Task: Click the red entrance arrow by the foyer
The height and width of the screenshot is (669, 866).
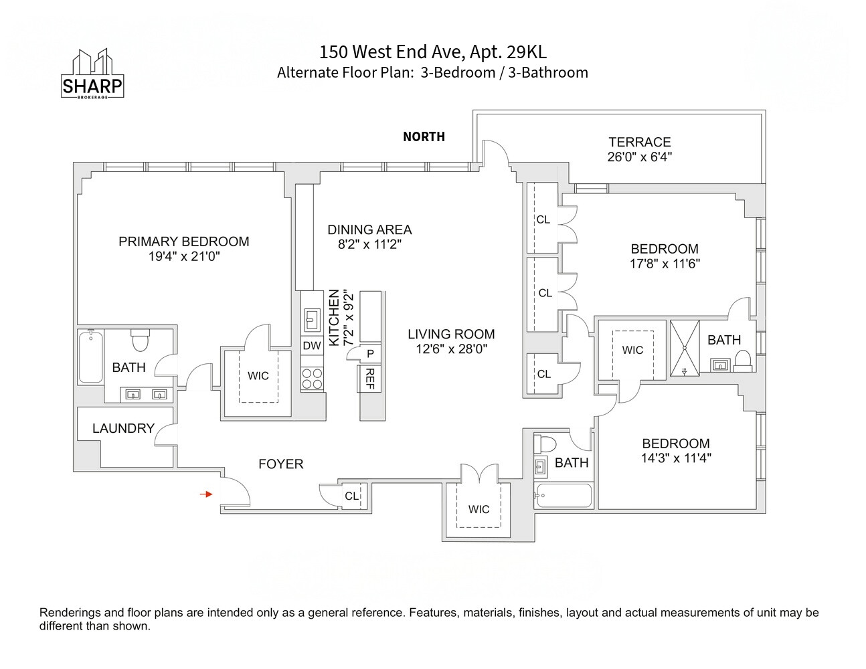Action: (207, 494)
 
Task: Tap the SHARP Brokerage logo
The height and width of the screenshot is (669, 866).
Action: (92, 74)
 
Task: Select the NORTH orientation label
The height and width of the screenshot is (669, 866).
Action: (424, 136)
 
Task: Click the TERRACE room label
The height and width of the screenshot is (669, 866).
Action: (639, 142)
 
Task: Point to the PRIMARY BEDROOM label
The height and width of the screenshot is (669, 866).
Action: (183, 242)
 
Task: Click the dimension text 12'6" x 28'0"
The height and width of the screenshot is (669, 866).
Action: (451, 349)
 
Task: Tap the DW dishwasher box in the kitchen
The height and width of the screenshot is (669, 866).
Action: (312, 345)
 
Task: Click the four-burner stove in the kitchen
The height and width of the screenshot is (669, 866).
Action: (312, 379)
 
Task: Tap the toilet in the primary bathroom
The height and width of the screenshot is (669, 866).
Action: (140, 341)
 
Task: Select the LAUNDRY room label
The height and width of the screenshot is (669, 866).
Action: (123, 428)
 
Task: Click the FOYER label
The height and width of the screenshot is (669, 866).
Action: (280, 464)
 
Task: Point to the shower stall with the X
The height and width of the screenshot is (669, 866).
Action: (684, 349)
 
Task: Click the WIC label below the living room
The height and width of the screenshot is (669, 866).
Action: (479, 509)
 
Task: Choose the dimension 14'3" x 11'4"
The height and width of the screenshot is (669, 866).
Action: (675, 458)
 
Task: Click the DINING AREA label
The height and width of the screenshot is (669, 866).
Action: (369, 229)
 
